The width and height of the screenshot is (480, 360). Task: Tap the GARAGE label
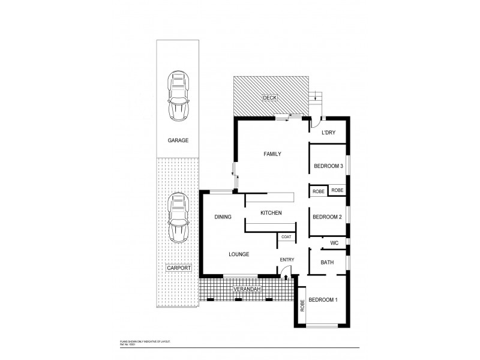pos(178,140)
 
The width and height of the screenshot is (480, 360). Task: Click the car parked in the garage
pos(178,95)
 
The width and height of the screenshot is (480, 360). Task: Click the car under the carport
pos(178,217)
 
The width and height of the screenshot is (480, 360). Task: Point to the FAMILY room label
pos(272,154)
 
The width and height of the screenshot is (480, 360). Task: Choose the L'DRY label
pos(328,133)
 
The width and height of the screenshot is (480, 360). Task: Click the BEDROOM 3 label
pos(328,166)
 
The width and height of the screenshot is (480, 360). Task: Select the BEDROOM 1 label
pos(327,299)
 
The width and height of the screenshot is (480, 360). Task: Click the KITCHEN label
pos(271,213)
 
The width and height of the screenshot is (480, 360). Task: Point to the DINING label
pos(223,217)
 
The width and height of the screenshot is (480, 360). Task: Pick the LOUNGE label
pos(239,254)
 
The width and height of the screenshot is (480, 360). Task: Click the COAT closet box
pos(285,238)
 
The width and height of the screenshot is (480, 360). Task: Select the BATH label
pos(327,262)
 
